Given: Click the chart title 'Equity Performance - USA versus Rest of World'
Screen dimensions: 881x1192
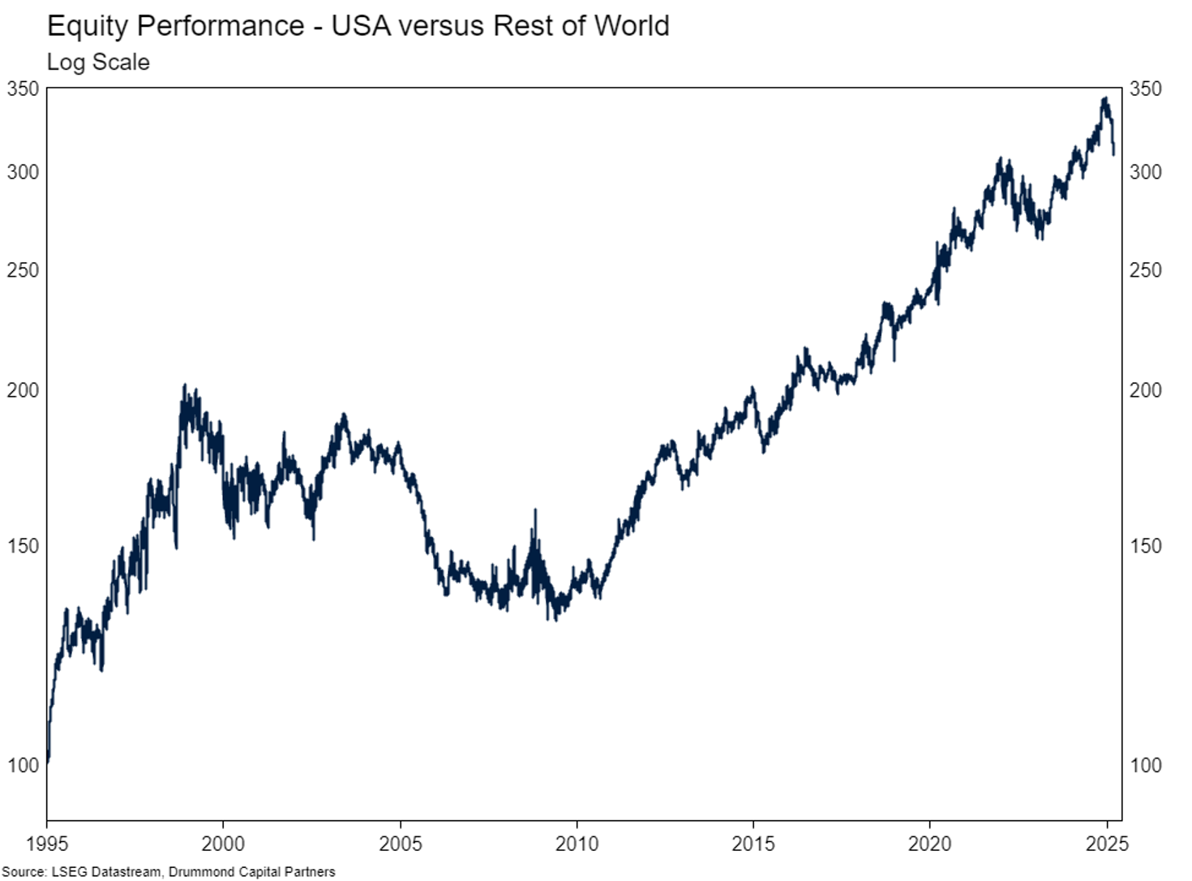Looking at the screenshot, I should pyautogui.click(x=358, y=25).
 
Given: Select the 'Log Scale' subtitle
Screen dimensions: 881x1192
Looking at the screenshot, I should pyautogui.click(x=98, y=62).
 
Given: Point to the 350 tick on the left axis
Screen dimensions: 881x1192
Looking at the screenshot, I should pyautogui.click(x=23, y=88).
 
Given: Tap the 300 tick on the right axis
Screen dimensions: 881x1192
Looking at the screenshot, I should pyautogui.click(x=1145, y=172).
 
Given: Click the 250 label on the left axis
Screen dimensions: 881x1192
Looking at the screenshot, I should pyautogui.click(x=23, y=270).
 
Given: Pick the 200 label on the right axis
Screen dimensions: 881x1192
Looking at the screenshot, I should pyautogui.click(x=1145, y=390).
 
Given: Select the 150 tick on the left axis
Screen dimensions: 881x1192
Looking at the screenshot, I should pyautogui.click(x=23, y=546).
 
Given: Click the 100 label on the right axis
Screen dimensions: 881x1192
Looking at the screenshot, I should pyautogui.click(x=1145, y=765).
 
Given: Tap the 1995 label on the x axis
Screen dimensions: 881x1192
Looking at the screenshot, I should pyautogui.click(x=47, y=844).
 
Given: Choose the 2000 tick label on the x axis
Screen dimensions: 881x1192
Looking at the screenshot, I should pyautogui.click(x=223, y=844).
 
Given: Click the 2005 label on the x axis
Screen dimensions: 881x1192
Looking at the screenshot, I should pyautogui.click(x=401, y=844).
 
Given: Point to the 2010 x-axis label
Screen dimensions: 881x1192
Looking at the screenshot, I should pyautogui.click(x=577, y=844).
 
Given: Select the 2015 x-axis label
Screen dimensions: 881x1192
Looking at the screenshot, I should pyautogui.click(x=753, y=844).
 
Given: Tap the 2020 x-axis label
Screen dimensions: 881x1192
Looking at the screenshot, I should pyautogui.click(x=930, y=844).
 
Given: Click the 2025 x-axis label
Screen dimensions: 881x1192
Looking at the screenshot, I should pyautogui.click(x=1107, y=844).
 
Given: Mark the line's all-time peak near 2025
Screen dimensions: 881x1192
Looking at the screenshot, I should pyautogui.click(x=1104, y=99).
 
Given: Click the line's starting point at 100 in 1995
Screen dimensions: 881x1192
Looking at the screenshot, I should pyautogui.click(x=48, y=762).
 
